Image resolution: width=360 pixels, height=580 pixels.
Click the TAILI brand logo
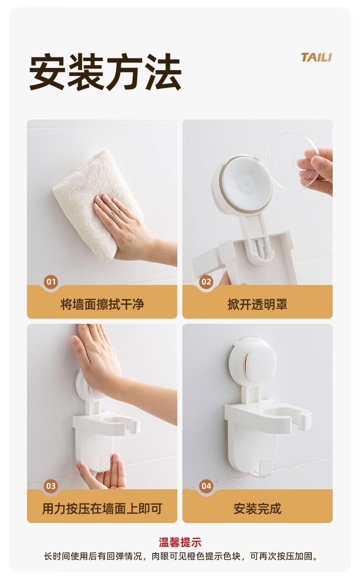316,57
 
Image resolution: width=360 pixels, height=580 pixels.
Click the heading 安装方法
105,72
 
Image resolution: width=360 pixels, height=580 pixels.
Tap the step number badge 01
51,282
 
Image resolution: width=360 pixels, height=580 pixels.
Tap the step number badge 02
206,282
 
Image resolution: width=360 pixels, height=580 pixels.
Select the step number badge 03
51,486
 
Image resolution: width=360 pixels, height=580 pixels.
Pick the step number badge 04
206,486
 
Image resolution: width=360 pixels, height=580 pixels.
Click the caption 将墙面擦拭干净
102,304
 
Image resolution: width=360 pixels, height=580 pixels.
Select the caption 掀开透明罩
257,304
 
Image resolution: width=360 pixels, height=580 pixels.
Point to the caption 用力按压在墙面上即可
102,508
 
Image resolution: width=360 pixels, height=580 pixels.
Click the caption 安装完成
257,508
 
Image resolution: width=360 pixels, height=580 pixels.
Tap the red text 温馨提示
180,542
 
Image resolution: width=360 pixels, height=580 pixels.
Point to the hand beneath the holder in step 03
103,472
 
